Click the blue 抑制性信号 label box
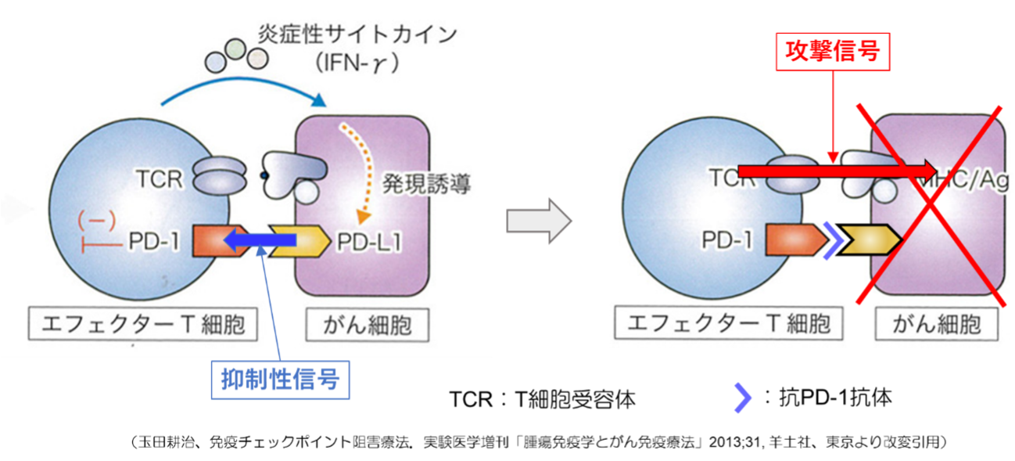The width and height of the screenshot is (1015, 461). (x=280, y=380)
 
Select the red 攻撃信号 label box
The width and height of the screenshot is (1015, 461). (x=833, y=52)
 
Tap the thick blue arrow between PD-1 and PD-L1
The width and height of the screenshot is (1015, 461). (x=259, y=241)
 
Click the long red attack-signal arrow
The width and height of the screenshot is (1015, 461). (x=837, y=170)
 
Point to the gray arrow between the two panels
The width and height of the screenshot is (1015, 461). (x=539, y=221)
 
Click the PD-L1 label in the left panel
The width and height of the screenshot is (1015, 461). (x=370, y=243)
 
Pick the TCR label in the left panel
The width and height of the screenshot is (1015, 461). (x=157, y=179)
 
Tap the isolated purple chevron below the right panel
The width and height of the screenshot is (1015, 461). (x=743, y=398)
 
